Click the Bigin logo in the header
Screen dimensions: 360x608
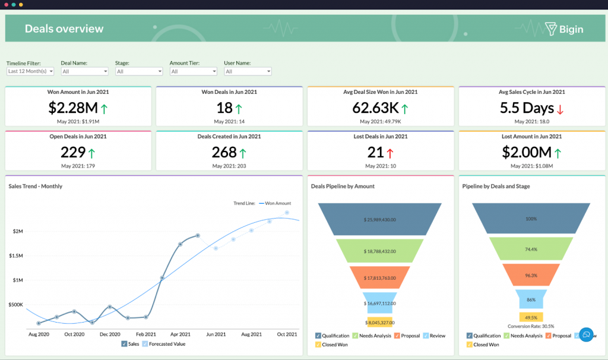click(x=563, y=29)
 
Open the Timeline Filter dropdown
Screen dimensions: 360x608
click(x=30, y=71)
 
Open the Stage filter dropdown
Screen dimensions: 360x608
click(x=139, y=71)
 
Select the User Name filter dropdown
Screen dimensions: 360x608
click(x=248, y=71)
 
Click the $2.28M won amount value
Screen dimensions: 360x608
click(x=74, y=108)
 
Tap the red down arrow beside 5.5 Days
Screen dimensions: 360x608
click(x=559, y=109)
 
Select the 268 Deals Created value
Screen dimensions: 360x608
click(x=224, y=152)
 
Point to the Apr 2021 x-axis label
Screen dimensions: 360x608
click(x=180, y=334)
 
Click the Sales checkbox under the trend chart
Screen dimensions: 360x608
click(x=124, y=343)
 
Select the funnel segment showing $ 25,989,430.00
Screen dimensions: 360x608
click(x=379, y=219)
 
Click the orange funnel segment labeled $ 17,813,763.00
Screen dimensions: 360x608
click(x=379, y=277)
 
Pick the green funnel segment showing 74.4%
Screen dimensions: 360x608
click(x=531, y=249)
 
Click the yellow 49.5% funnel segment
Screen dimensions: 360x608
click(x=531, y=317)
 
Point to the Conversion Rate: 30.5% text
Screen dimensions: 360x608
click(x=531, y=326)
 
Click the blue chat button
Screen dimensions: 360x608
click(x=586, y=334)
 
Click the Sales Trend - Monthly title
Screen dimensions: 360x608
click(x=36, y=186)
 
